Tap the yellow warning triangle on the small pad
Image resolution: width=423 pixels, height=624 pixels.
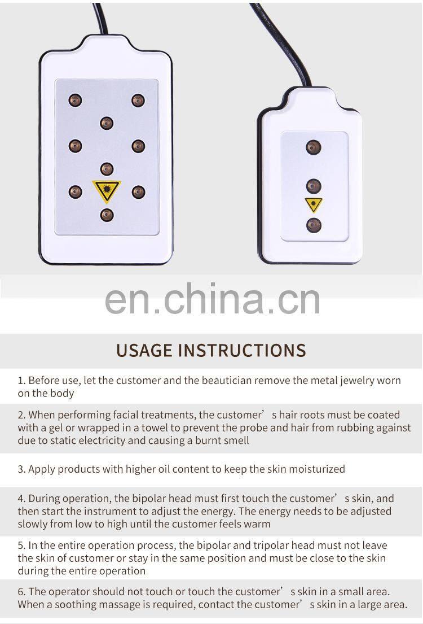click(314, 204)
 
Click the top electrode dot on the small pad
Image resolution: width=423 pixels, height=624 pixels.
click(313, 147)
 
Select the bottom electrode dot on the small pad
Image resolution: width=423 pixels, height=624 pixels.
click(314, 225)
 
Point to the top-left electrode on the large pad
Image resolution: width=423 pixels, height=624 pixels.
click(75, 100)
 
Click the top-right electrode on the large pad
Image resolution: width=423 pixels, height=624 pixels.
click(138, 100)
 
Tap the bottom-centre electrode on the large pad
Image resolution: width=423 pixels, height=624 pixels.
click(107, 215)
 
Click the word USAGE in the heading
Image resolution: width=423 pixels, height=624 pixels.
click(144, 351)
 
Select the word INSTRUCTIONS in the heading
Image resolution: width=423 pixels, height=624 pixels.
click(242, 351)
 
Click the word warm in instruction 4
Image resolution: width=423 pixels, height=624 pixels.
click(257, 524)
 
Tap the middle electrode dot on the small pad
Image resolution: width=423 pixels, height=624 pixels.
click(314, 186)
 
